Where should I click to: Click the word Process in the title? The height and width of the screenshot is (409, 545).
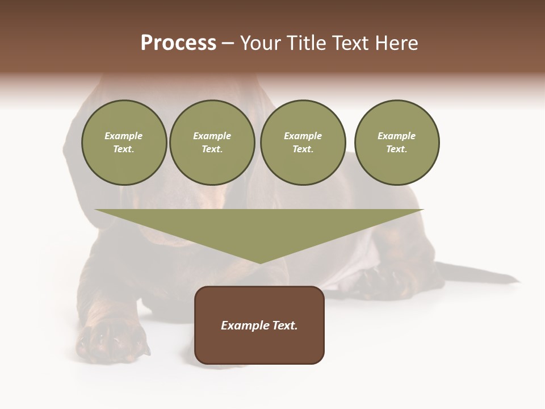[x=178, y=43]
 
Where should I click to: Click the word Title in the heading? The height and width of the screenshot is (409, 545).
[x=305, y=43]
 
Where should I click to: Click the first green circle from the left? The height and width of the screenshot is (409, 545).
[x=124, y=142]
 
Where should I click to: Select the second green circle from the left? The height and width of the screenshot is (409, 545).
[x=212, y=142]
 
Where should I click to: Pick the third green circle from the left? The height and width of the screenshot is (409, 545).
[x=303, y=142]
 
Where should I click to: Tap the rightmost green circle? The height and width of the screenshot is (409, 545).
[x=396, y=142]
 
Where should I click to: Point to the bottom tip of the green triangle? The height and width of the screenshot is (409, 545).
[x=260, y=262]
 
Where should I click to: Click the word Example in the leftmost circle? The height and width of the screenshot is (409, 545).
[x=124, y=136]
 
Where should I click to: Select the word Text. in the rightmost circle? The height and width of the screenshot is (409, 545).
[x=396, y=149]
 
